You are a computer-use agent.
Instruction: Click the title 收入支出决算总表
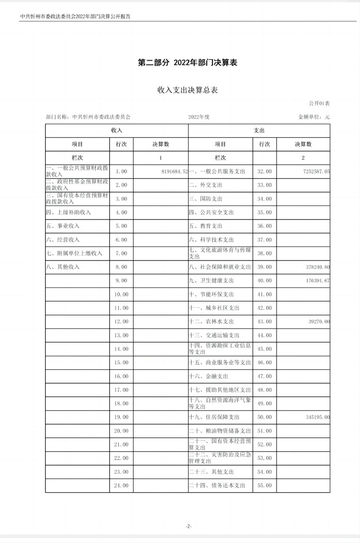[x=188, y=90]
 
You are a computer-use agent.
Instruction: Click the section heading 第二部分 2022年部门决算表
[x=188, y=63]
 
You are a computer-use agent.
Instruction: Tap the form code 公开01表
[x=319, y=104]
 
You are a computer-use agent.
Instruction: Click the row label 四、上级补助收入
[x=68, y=212]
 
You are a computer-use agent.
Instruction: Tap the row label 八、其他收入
[x=63, y=267]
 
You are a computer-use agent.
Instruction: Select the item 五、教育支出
[x=206, y=226]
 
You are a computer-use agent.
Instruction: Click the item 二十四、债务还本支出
[x=220, y=485]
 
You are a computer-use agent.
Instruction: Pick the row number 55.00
[x=264, y=485]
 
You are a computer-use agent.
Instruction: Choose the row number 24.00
[x=121, y=485]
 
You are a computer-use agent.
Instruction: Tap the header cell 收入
[x=117, y=131]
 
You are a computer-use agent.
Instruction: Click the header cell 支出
[x=259, y=131]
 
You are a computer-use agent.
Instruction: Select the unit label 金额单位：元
[x=314, y=117]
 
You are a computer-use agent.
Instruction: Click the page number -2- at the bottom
[x=189, y=526]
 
